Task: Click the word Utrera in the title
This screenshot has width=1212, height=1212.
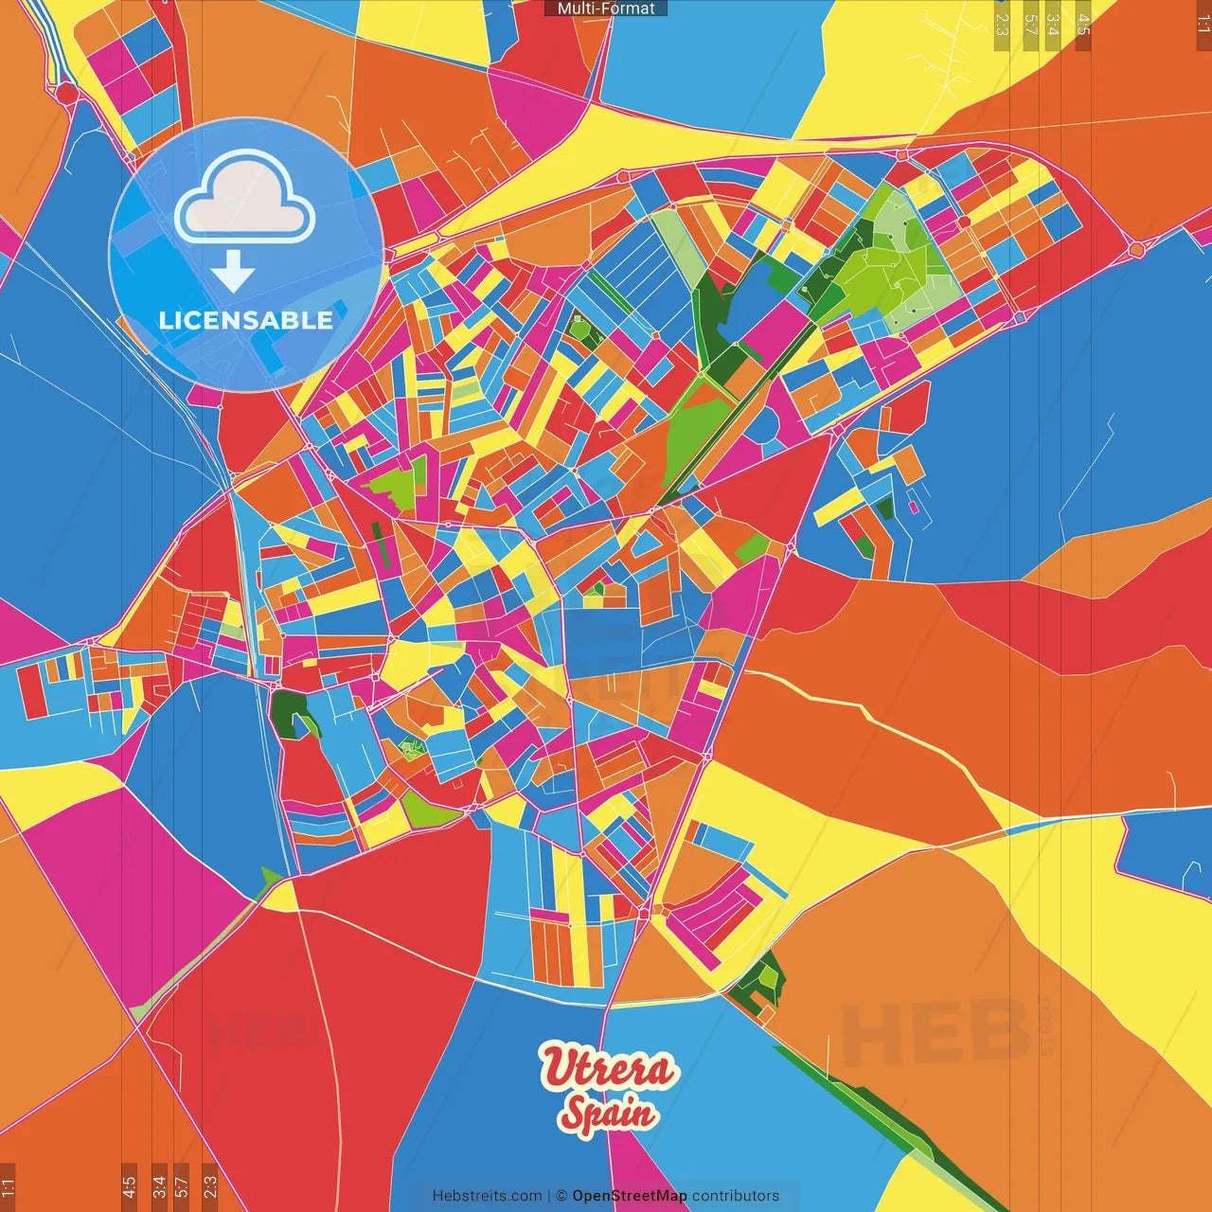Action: pyautogui.click(x=609, y=1068)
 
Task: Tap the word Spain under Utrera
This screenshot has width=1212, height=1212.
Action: pyautogui.click(x=608, y=1114)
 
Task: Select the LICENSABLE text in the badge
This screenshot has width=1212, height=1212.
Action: pyautogui.click(x=245, y=320)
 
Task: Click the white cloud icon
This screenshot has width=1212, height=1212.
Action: pyautogui.click(x=244, y=200)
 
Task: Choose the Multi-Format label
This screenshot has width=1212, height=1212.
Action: pyautogui.click(x=606, y=9)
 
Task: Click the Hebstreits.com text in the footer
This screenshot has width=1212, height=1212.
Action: pyautogui.click(x=487, y=1196)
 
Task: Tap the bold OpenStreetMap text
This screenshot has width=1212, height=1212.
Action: pyautogui.click(x=630, y=1196)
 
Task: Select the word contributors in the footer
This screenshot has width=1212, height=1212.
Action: pyautogui.click(x=736, y=1196)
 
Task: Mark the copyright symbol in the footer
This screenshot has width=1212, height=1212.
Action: pyautogui.click(x=561, y=1196)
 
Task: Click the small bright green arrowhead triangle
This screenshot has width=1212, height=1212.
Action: pyautogui.click(x=272, y=876)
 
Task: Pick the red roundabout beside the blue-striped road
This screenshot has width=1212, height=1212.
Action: pyautogui.click(x=66, y=93)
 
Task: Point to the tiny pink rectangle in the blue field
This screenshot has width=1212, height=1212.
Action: pyautogui.click(x=914, y=507)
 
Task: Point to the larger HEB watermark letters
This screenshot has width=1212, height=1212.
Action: pyautogui.click(x=933, y=1032)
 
